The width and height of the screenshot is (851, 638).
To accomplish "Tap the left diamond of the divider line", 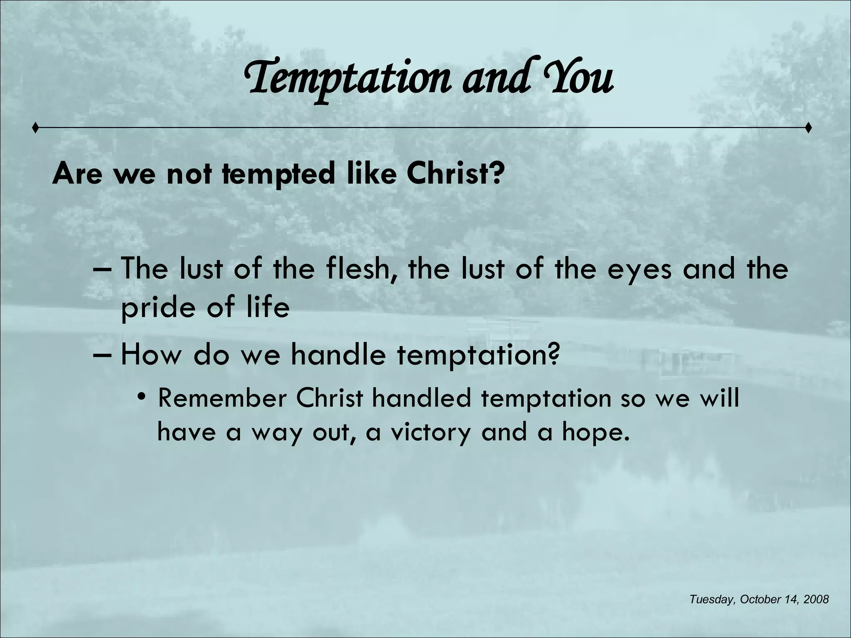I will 36,128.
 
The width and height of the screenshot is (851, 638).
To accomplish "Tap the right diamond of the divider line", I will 808,128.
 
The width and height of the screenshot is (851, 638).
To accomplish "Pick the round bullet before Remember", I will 142,397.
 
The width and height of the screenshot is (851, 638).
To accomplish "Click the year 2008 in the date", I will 816,599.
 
